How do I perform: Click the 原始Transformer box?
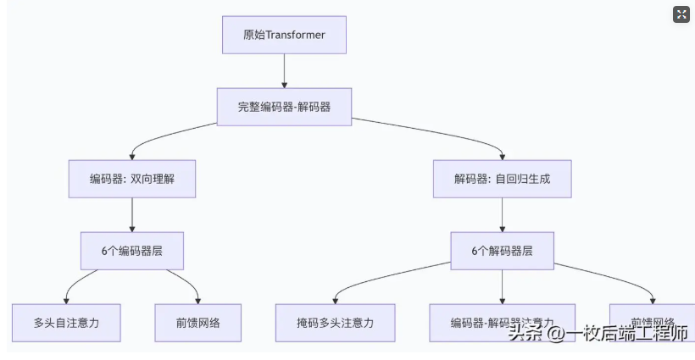coord(284,35)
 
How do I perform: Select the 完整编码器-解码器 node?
coord(284,108)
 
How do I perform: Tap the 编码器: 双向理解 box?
coord(132,180)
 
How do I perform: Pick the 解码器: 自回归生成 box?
coord(502,180)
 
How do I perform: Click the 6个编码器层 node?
coord(132,251)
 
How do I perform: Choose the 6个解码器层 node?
coord(502,251)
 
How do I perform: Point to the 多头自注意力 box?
coord(66,323)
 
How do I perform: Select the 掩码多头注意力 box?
coord(335,323)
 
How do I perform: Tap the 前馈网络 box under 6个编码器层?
coord(198,323)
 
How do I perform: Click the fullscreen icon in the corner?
coord(681,14)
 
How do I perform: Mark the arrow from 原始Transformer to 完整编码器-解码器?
coord(284,71)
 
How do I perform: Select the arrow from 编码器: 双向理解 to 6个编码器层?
coord(132,215)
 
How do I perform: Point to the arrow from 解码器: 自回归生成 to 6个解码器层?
coord(502,215)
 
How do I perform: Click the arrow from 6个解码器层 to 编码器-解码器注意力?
coord(502,287)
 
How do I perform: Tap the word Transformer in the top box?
coord(296,35)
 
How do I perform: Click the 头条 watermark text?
coord(525,334)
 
